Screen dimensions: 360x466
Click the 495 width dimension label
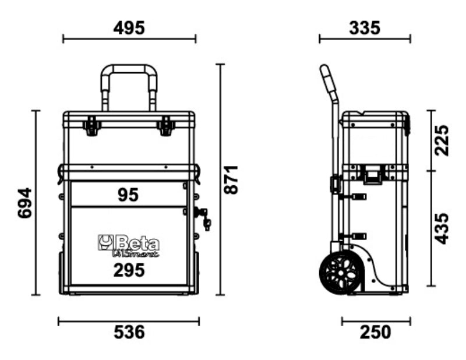129,27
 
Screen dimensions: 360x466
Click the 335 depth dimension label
365,27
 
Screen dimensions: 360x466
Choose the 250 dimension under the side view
375,333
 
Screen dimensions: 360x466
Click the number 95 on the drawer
128,195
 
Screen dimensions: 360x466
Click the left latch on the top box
91,125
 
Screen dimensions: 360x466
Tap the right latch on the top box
166,125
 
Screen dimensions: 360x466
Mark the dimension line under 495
129,39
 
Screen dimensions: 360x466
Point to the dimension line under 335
365,39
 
